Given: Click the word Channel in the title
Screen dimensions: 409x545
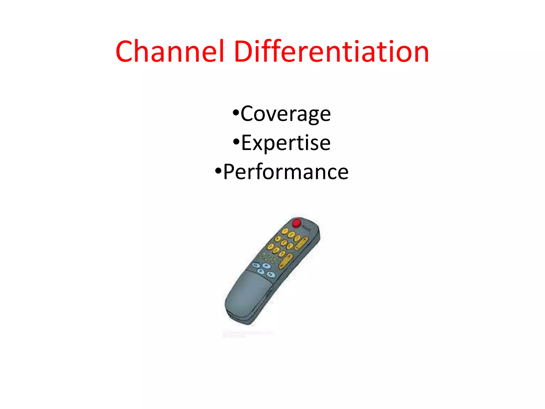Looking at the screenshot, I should pos(170,51).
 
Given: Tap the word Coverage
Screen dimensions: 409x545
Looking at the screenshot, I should pos(286,114).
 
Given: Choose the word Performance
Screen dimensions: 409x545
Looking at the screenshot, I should pos(286,172).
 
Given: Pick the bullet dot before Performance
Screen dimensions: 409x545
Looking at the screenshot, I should pos(218,171).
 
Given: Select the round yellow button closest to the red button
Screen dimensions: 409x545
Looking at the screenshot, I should pos(285,231).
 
